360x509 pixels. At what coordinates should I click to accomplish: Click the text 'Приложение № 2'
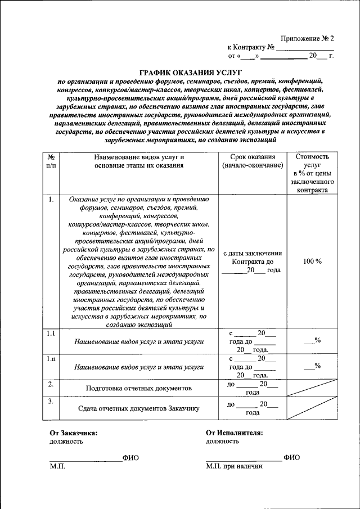[307, 39]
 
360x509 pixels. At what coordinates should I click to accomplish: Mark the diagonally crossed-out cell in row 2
[312, 388]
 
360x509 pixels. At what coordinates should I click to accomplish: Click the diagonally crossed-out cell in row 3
[312, 408]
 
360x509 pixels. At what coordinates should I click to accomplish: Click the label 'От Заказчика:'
[73, 433]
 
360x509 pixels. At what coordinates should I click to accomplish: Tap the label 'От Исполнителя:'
[234, 433]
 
